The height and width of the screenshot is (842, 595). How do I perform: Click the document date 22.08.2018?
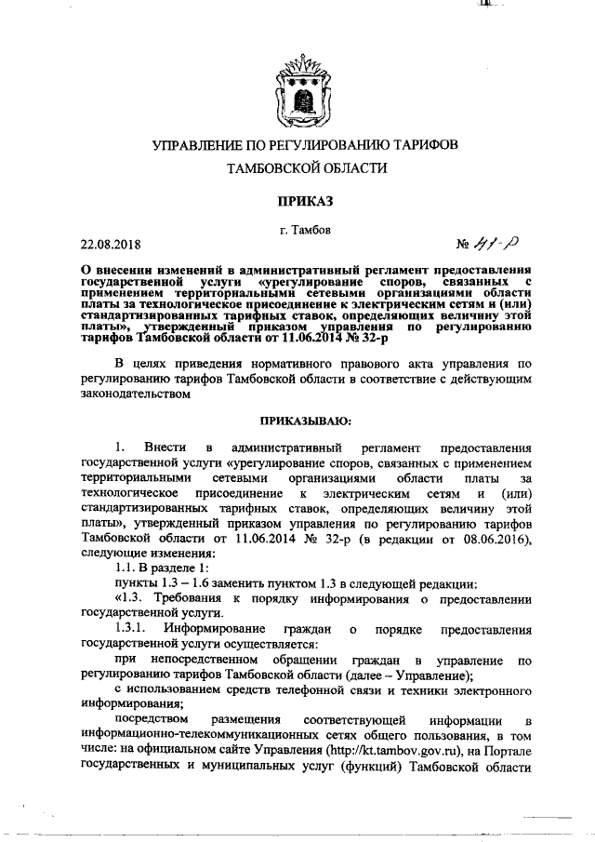click(x=111, y=246)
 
